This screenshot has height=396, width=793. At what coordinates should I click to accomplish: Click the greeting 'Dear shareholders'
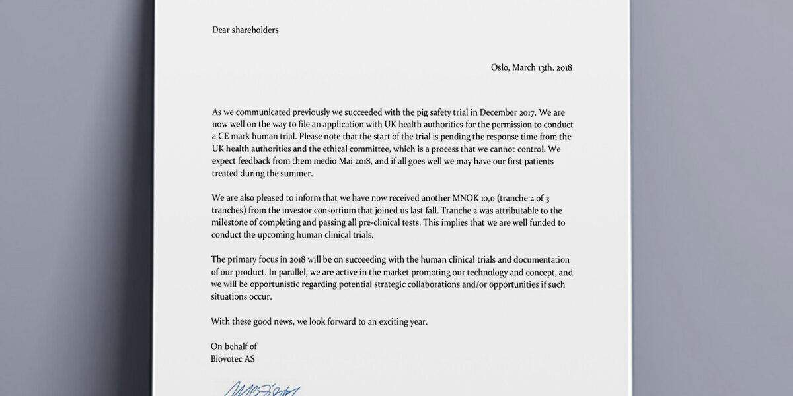click(x=245, y=30)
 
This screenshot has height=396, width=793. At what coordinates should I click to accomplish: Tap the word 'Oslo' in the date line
click(x=500, y=67)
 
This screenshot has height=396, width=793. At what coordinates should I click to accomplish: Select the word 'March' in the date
click(x=527, y=67)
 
